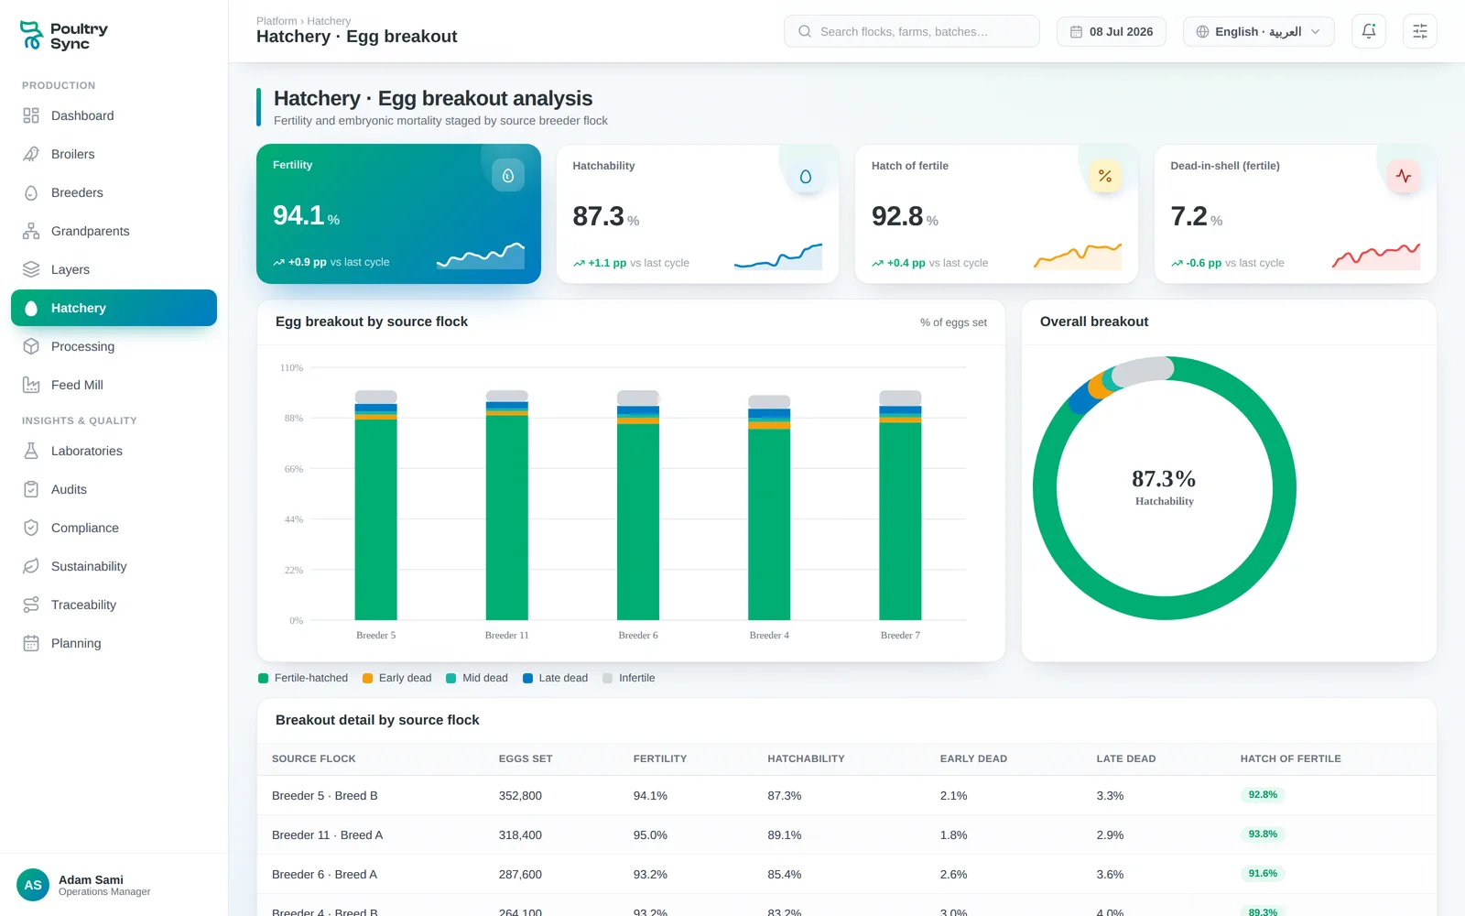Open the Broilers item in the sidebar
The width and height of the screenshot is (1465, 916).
(72, 154)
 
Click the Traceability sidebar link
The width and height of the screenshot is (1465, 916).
(83, 605)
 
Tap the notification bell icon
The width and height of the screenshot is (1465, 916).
(1368, 31)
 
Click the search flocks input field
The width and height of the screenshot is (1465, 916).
(911, 31)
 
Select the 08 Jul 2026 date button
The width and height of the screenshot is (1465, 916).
(1112, 31)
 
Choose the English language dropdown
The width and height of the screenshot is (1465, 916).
(1258, 31)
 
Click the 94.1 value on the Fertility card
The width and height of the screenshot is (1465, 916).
(298, 215)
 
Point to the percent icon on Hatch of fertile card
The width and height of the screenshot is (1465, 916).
(1104, 176)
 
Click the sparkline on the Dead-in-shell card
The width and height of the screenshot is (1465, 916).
(1376, 256)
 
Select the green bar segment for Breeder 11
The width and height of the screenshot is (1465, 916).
(507, 518)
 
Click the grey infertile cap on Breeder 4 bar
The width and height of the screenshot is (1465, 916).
(769, 402)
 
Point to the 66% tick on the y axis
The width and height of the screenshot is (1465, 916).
(294, 468)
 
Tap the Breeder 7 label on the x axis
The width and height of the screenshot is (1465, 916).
(900, 636)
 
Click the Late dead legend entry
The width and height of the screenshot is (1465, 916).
(555, 678)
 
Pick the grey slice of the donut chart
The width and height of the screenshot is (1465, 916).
(1143, 370)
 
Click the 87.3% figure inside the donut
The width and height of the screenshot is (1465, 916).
(1164, 478)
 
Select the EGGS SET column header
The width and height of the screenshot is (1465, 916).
(526, 758)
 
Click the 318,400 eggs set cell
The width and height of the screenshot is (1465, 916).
(520, 834)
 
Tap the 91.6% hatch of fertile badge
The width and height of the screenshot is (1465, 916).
(1263, 873)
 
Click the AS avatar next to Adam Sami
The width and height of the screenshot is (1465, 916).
(33, 885)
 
